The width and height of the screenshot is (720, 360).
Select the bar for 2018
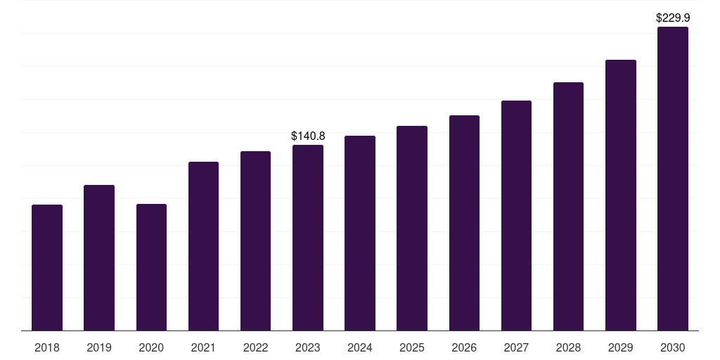tap(47, 268)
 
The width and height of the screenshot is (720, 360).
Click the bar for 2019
tap(99, 257)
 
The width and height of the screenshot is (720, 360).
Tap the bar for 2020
tap(152, 267)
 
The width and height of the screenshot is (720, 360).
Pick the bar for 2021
tap(203, 246)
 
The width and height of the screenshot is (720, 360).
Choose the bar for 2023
tap(308, 238)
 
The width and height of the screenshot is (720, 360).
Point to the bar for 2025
tap(412, 229)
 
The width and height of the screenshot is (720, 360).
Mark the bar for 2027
tap(516, 215)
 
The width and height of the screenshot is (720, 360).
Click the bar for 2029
tap(621, 195)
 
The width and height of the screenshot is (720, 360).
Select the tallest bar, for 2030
tap(673, 179)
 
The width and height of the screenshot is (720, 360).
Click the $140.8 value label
tap(308, 136)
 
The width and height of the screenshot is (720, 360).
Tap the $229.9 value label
tap(673, 18)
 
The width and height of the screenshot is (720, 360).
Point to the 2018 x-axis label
tap(47, 347)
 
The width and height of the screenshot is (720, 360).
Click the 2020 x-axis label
tap(151, 347)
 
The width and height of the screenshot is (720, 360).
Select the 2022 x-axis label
tap(255, 347)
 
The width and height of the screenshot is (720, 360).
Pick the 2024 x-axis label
tap(359, 347)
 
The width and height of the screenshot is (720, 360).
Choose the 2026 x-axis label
tap(464, 347)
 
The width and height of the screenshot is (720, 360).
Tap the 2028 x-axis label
tap(568, 347)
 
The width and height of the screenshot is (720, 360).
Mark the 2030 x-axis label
tap(673, 347)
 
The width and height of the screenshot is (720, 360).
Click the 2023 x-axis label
tap(308, 347)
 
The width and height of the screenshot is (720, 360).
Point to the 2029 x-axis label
tap(620, 347)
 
